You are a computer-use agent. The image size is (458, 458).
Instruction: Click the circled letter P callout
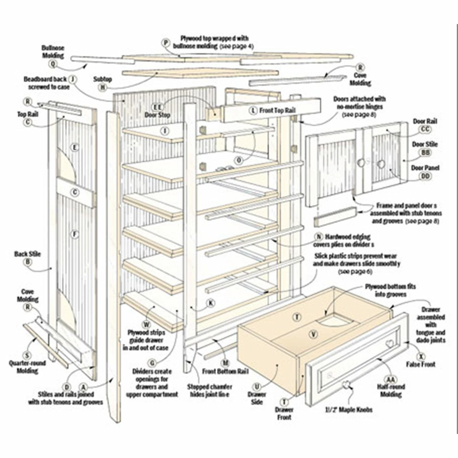pyautogui.click(x=166, y=43)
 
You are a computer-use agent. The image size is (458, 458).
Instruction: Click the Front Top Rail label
pyautogui.click(x=277, y=110)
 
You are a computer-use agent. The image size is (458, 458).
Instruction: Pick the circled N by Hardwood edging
pyautogui.click(x=319, y=237)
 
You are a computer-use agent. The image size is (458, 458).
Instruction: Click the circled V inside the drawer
pyautogui.click(x=314, y=334)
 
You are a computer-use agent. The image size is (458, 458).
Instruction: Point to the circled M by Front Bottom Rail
pyautogui.click(x=226, y=363)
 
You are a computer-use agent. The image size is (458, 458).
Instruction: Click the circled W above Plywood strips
pyautogui.click(x=145, y=325)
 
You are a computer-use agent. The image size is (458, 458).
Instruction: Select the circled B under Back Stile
pyautogui.click(x=27, y=262)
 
